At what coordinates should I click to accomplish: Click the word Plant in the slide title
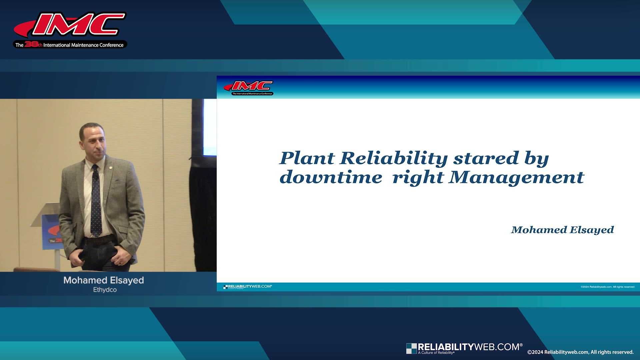[x=307, y=158]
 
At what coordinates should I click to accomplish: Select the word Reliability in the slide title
[x=393, y=158]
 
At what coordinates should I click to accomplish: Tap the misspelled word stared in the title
[x=486, y=158]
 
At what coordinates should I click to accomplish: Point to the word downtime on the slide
[x=330, y=177]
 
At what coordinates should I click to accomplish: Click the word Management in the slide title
[x=516, y=177]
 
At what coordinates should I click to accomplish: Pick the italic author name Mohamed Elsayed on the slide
[x=562, y=230]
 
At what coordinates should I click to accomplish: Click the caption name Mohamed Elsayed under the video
[x=104, y=280]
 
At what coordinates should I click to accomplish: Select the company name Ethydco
[x=105, y=290]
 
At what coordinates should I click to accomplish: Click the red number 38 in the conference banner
[x=31, y=44]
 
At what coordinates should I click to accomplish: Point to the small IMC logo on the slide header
[x=249, y=87]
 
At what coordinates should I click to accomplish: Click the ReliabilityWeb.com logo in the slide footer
[x=248, y=287]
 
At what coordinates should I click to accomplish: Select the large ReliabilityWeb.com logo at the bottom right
[x=464, y=348]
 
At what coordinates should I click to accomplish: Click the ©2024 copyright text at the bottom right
[x=580, y=352]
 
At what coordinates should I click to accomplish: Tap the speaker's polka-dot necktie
[x=96, y=203]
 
